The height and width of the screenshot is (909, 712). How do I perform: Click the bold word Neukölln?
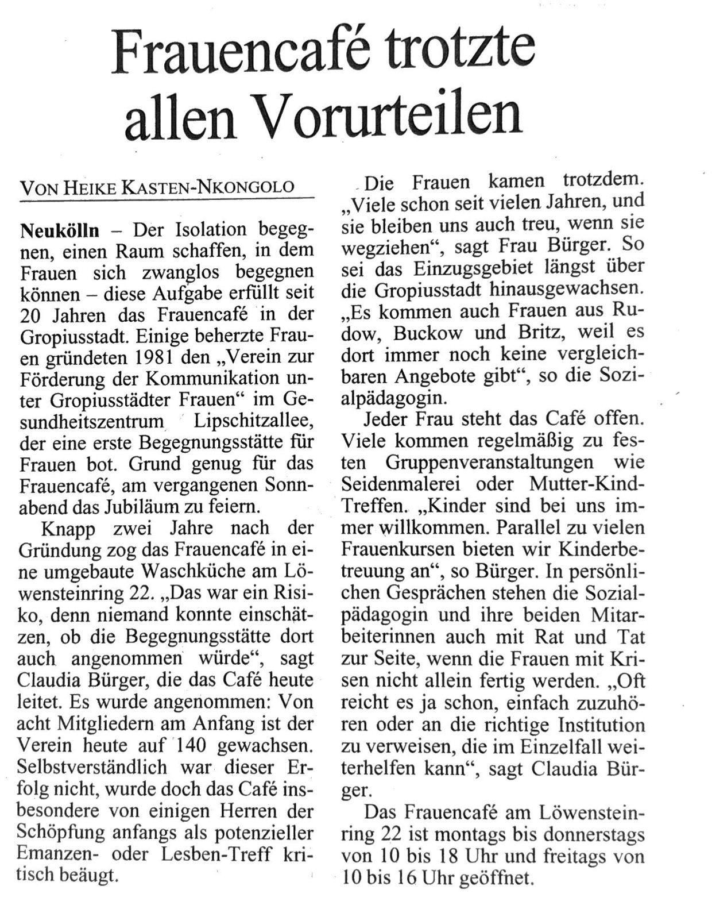click(59, 230)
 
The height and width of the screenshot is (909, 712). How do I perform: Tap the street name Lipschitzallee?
click(254, 421)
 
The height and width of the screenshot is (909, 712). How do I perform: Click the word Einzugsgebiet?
click(437, 267)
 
